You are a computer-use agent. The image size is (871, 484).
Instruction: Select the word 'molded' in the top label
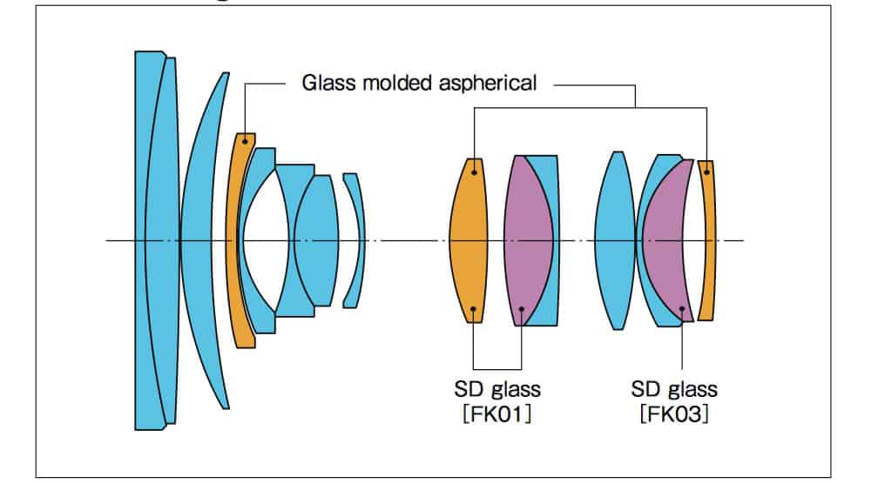392,84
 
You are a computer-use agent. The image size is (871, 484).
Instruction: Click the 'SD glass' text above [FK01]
496,388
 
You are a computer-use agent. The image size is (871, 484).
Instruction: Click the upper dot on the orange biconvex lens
474,171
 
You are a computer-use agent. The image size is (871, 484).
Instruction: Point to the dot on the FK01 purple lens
522,308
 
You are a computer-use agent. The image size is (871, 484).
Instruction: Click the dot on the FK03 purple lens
681,308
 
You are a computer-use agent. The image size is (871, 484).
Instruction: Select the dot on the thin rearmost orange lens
707,172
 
